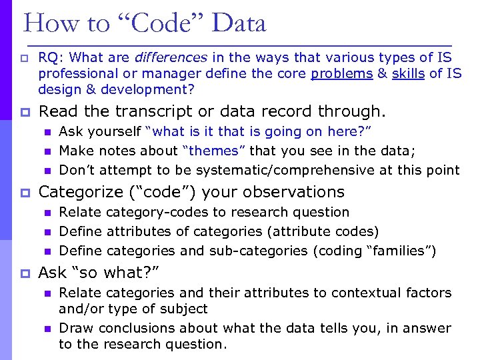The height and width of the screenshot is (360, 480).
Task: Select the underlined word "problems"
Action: pyautogui.click(x=341, y=73)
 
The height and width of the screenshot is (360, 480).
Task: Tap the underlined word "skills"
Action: pyautogui.click(x=409, y=73)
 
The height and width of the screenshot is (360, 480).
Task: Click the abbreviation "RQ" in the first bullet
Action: pyautogui.click(x=48, y=57)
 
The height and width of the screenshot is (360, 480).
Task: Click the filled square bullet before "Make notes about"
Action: pyautogui.click(x=47, y=151)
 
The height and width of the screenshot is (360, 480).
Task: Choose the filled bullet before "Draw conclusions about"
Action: pyautogui.click(x=47, y=329)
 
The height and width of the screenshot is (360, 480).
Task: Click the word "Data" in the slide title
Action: pyautogui.click(x=239, y=23)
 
